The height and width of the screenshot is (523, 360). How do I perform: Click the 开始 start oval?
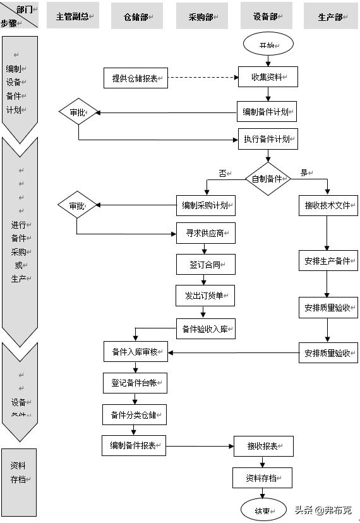(x=268, y=45)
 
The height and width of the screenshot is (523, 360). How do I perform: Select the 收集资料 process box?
(x=268, y=78)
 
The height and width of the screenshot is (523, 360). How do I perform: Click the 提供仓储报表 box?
(x=135, y=78)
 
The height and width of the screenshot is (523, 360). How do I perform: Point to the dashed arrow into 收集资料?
(x=202, y=78)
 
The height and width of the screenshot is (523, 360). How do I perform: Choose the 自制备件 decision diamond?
(x=268, y=179)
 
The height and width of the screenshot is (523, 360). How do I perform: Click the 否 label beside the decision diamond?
(x=222, y=172)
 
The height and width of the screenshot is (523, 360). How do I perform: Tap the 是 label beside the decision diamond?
(x=304, y=172)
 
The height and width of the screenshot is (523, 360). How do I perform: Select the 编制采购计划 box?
(x=205, y=205)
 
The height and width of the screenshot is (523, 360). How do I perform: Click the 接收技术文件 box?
(x=328, y=205)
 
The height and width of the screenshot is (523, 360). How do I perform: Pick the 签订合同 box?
(x=205, y=264)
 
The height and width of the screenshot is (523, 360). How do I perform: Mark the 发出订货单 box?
(x=205, y=295)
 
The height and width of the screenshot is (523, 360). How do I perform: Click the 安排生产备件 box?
(x=328, y=260)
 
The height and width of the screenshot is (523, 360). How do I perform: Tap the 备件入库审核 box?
(x=135, y=352)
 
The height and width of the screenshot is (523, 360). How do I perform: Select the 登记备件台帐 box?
(x=135, y=383)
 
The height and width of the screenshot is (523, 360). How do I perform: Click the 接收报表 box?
(x=263, y=446)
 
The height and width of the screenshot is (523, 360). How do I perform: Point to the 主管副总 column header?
(x=73, y=17)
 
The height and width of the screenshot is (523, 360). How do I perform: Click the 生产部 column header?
(x=330, y=17)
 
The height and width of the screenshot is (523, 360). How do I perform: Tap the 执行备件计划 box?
(x=268, y=139)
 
